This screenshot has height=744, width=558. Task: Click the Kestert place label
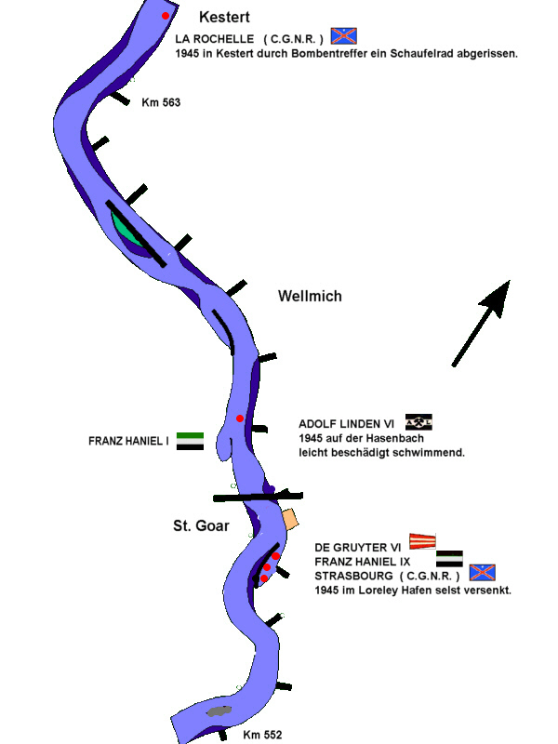[x=225, y=17]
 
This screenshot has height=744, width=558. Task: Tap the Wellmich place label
[x=310, y=297]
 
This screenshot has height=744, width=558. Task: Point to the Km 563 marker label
[x=161, y=102]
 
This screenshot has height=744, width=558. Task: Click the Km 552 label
[x=262, y=735]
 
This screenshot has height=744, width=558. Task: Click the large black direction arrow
[x=483, y=322]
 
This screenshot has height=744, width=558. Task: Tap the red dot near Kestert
[x=166, y=16]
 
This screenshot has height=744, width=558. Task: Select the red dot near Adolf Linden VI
[x=239, y=418]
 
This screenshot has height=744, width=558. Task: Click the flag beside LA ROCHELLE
[x=344, y=36]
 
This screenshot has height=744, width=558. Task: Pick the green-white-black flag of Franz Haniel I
[x=190, y=441]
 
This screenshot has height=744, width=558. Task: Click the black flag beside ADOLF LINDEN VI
[x=419, y=422]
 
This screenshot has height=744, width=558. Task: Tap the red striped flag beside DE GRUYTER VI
[x=423, y=540]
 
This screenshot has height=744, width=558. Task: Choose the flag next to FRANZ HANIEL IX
[x=449, y=558]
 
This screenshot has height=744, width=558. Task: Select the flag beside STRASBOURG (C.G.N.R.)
[x=482, y=573]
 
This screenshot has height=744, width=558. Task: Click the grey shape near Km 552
[x=219, y=711]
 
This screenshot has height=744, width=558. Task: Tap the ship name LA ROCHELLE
[x=214, y=38]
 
